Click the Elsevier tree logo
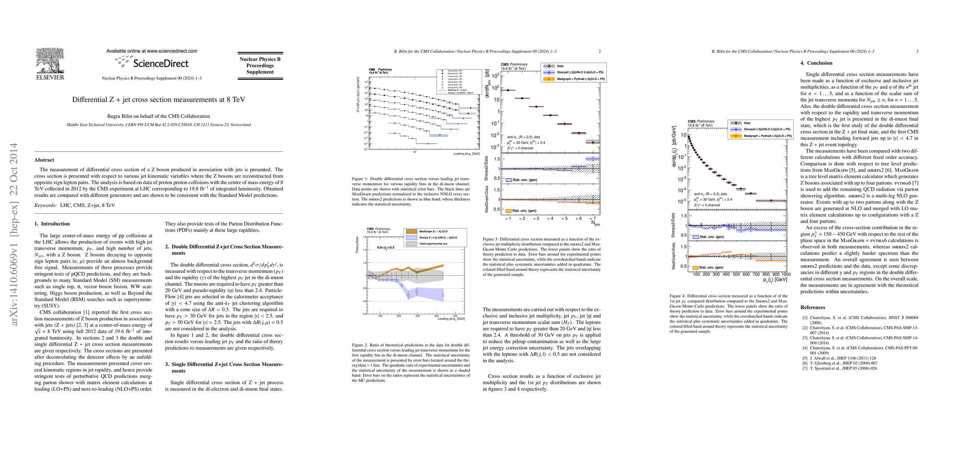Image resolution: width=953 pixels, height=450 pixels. [50, 61]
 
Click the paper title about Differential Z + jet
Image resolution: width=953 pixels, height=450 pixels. [158, 100]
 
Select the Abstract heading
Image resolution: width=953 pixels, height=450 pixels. [44, 160]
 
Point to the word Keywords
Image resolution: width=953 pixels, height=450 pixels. [45, 205]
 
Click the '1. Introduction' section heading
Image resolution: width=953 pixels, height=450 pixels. [52, 224]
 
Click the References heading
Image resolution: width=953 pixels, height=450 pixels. [813, 307]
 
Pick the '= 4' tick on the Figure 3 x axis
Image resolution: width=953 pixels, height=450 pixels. [550, 218]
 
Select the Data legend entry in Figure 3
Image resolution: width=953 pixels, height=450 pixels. [560, 66]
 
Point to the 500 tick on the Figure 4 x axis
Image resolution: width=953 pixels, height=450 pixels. [736, 274]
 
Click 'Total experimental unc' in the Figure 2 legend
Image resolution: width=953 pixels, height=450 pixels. [433, 244]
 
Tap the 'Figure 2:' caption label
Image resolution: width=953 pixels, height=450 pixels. [360, 345]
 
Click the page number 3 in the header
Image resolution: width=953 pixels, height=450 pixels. [917, 51]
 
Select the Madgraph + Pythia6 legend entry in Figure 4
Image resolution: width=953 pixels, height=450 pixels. [768, 136]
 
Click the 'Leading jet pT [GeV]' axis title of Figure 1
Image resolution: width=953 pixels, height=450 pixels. [466, 154]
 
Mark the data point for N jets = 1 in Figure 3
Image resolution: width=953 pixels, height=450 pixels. [508, 90]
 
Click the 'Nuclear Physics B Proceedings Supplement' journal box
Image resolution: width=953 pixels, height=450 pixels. [260, 66]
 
